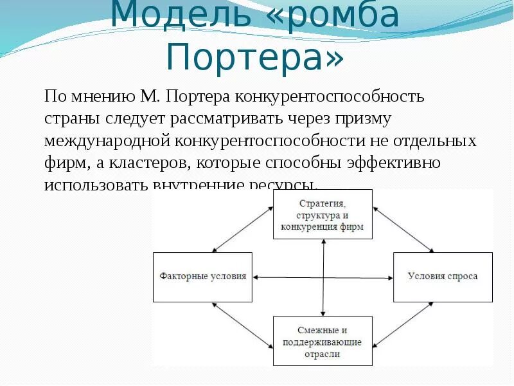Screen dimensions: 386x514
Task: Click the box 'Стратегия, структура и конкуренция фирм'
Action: pyautogui.click(x=323, y=215)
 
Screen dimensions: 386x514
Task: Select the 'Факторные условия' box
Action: pyautogui.click(x=203, y=277)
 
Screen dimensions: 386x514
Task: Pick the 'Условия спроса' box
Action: pyautogui.click(x=443, y=277)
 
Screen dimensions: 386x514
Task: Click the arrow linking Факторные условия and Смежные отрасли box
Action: pyautogui.click(x=242, y=326)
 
